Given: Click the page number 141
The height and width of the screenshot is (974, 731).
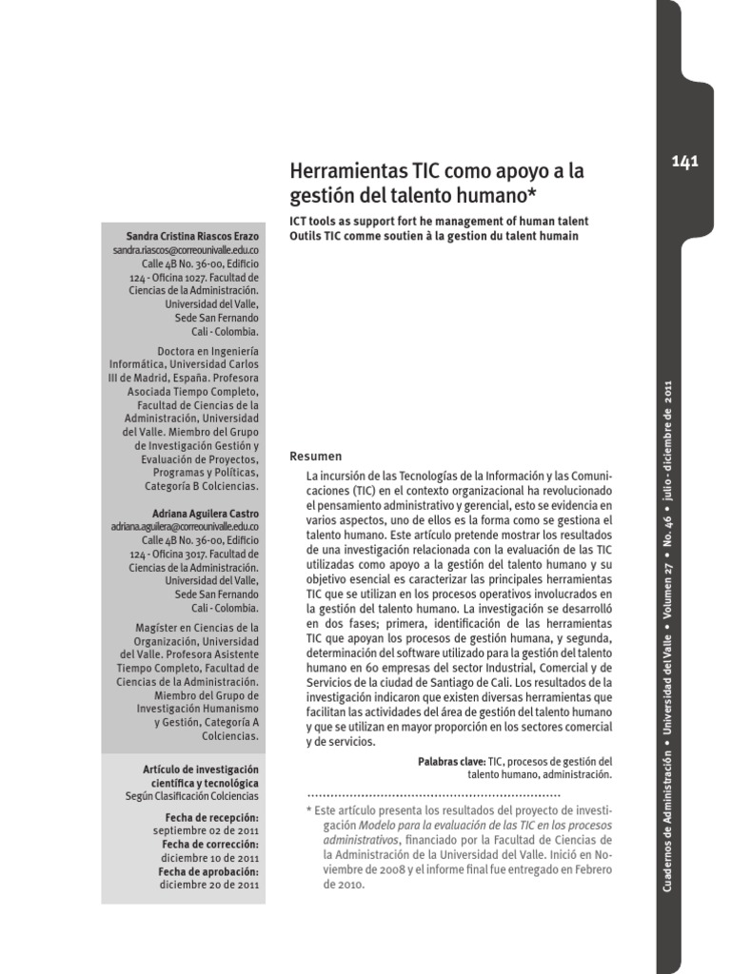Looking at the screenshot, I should pyautogui.click(x=684, y=161).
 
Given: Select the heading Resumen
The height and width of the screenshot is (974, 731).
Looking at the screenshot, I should pyautogui.click(x=316, y=456).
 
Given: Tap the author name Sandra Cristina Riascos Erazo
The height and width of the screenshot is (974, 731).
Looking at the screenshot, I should pyautogui.click(x=192, y=235).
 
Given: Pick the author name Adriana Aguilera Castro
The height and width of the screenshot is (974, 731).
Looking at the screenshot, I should pyautogui.click(x=205, y=514).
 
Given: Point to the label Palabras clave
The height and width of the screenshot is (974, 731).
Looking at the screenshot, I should pyautogui.click(x=451, y=762).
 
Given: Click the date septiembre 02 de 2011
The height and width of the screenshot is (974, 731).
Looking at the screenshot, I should pyautogui.click(x=207, y=829).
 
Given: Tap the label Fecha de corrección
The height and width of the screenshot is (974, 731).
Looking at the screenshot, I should pyautogui.click(x=210, y=844).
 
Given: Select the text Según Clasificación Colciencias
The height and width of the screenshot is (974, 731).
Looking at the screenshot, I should pyautogui.click(x=191, y=796).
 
